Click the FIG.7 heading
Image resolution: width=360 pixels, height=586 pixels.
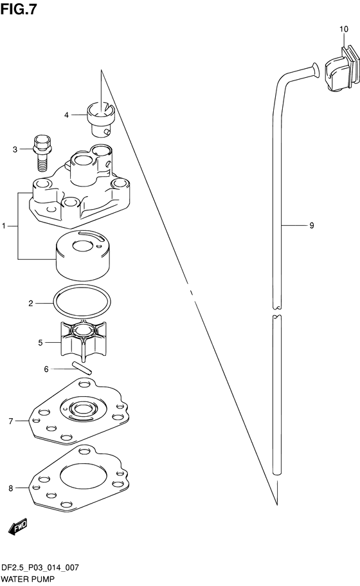[18, 9]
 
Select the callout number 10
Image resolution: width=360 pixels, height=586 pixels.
[343, 29]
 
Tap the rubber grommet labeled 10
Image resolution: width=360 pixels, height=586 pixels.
[341, 69]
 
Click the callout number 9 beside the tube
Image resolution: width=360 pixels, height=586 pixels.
[312, 225]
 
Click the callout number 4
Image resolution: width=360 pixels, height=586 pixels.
[66, 114]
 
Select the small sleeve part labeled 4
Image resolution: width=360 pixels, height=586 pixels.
[102, 118]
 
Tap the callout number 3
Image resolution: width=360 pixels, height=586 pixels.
[15, 149]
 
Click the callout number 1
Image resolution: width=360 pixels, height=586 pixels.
[4, 226]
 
